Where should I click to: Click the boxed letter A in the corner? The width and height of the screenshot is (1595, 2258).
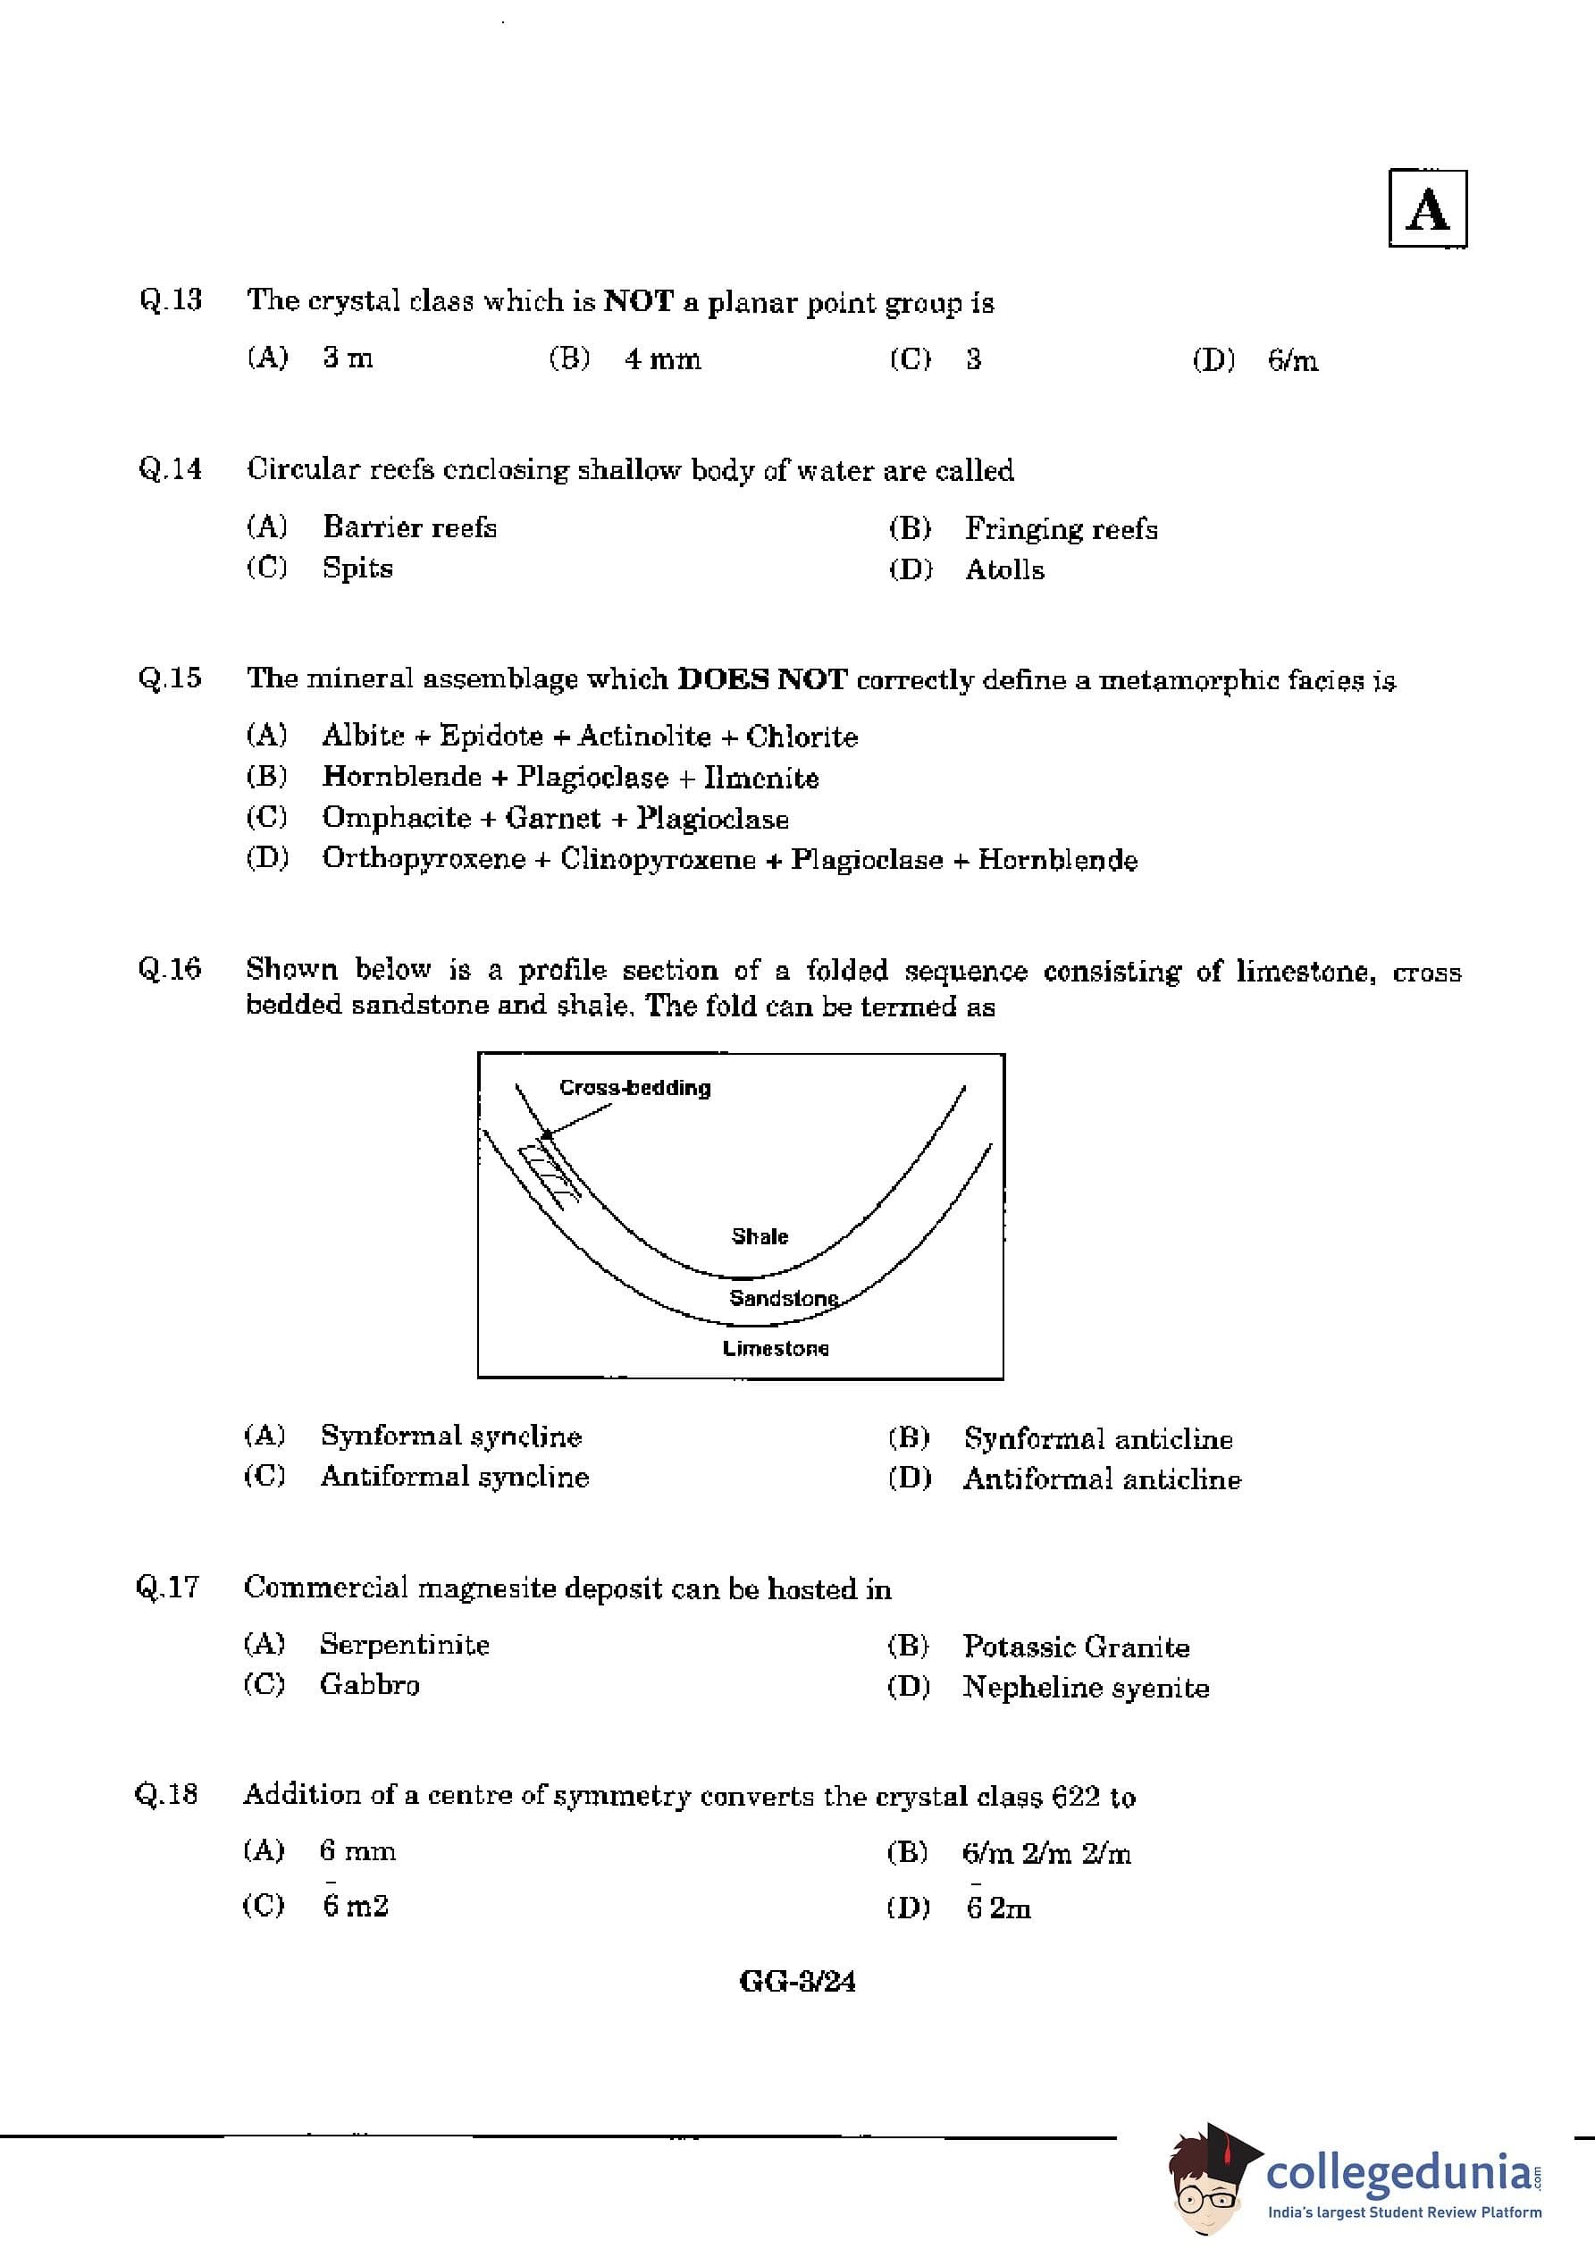point(1427,208)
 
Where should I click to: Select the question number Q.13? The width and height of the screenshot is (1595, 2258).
point(170,299)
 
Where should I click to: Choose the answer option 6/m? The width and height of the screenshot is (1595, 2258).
point(1292,361)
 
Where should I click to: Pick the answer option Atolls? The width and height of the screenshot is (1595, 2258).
point(1004,569)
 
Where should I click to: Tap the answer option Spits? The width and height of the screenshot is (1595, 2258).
point(357,569)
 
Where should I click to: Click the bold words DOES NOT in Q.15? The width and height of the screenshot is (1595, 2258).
point(762,678)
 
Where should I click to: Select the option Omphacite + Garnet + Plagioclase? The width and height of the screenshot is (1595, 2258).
point(555,818)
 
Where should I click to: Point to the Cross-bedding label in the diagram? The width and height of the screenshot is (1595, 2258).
point(634,1088)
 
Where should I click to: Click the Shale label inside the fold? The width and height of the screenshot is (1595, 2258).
point(760,1236)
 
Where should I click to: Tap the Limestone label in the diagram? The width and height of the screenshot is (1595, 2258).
point(775,1348)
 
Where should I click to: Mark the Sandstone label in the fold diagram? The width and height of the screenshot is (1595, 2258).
point(783,1298)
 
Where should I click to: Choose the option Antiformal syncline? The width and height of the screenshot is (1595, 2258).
point(454,1476)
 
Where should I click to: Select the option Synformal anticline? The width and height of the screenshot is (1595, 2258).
point(1097,1439)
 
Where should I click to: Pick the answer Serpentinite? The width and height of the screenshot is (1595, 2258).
point(404,1644)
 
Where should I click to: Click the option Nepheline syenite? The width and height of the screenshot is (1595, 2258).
point(1086,1688)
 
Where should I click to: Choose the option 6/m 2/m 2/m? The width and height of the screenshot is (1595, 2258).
point(1046,1854)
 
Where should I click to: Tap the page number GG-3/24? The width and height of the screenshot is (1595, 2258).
point(796,1981)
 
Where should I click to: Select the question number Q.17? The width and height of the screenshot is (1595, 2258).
point(167,1588)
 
